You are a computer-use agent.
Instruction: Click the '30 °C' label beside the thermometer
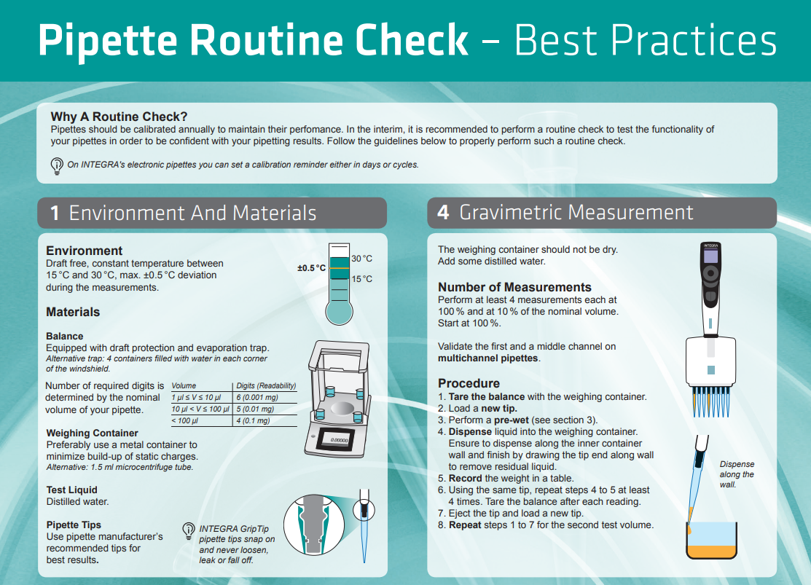361,259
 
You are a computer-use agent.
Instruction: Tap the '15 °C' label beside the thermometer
361,279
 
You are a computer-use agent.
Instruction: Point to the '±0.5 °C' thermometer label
311,268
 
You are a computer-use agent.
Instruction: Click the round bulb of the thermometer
340,312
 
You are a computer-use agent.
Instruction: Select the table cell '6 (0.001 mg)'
257,397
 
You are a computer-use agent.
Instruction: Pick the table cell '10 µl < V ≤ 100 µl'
200,409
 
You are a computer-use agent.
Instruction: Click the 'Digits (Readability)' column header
266,386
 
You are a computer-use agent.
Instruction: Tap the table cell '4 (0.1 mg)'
253,421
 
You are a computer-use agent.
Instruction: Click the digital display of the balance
339,439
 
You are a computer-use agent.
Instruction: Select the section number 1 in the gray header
55,213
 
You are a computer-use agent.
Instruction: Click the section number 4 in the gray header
443,213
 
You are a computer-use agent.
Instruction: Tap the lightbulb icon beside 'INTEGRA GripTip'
189,531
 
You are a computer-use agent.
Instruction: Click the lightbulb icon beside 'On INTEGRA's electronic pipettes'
57,166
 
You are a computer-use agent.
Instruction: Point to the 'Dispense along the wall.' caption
737,474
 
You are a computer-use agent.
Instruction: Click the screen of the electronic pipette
710,256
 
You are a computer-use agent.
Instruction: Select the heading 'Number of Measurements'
514,287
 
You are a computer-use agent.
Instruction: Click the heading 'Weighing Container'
92,433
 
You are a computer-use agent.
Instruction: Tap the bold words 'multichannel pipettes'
487,358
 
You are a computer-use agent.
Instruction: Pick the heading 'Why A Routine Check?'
119,117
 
